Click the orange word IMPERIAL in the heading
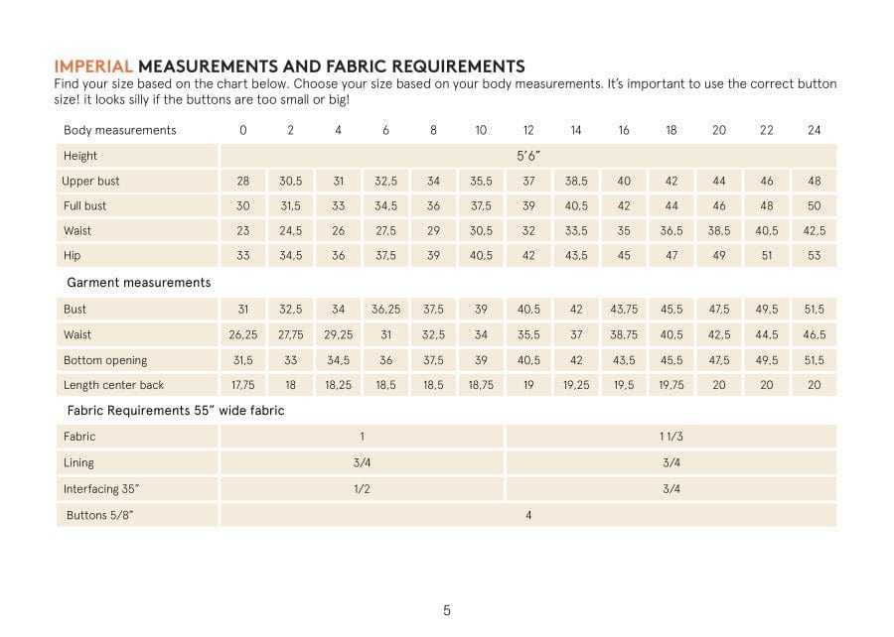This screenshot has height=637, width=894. [x=93, y=66]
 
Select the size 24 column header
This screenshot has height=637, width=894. [x=815, y=130]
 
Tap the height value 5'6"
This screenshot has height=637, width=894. [x=528, y=156]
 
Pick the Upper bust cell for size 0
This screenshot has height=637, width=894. [x=242, y=182]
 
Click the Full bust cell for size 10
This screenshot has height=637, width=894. [x=481, y=206]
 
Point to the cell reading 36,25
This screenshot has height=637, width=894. [x=385, y=310]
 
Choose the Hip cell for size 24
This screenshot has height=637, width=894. [x=815, y=256]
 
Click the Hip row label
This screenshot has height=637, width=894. [x=72, y=256]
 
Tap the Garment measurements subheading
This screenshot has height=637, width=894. [x=138, y=283]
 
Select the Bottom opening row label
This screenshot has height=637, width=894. [x=105, y=360]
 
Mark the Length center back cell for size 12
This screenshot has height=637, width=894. [x=528, y=385]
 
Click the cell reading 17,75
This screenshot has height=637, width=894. [x=242, y=385]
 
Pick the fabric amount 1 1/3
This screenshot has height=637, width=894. [x=671, y=437]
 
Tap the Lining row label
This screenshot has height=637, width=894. [x=78, y=462]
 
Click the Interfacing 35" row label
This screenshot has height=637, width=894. [x=101, y=489]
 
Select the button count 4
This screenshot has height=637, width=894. [x=528, y=515]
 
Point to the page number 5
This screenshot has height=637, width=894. [x=447, y=610]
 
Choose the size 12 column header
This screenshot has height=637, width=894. [x=528, y=130]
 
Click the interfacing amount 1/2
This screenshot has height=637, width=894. [x=362, y=489]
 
